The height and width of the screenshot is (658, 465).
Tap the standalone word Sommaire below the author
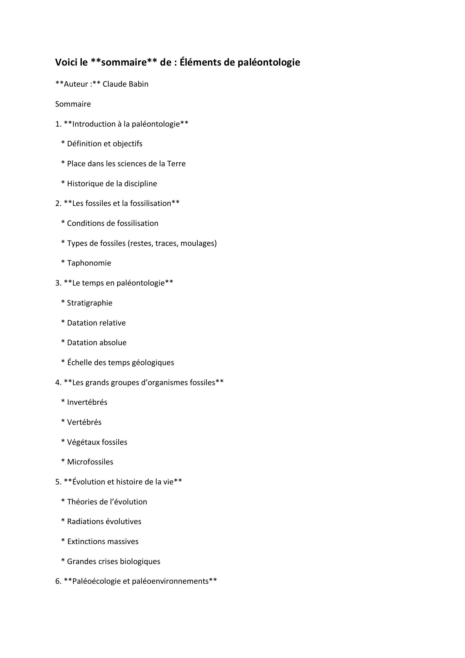(73, 104)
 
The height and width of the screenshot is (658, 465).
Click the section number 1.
(58, 124)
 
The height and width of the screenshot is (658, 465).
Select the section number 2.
(58, 203)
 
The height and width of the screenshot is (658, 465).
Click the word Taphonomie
(89, 263)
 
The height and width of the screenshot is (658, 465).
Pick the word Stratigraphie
(90, 303)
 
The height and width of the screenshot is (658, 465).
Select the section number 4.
(58, 383)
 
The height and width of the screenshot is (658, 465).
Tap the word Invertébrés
(87, 402)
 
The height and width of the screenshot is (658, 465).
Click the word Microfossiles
(90, 462)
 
